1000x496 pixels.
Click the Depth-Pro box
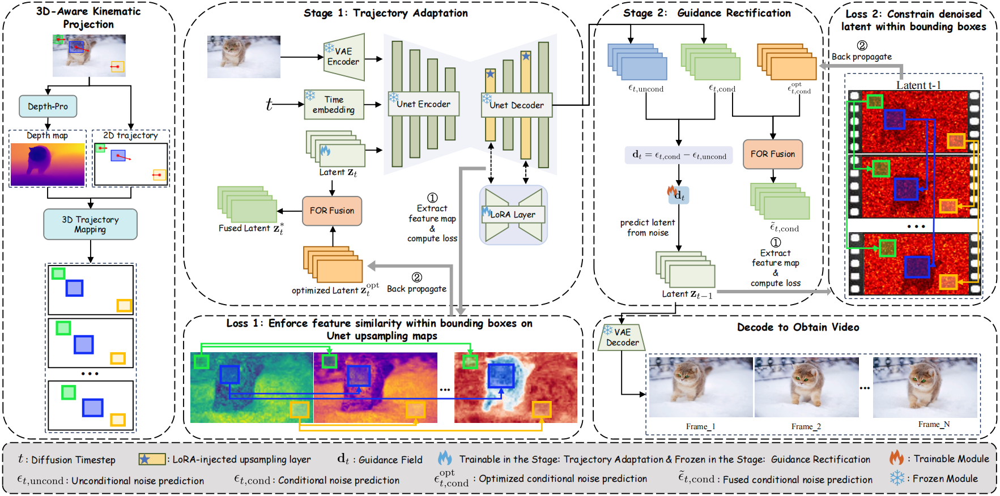click(48, 106)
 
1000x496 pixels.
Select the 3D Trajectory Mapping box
click(90, 224)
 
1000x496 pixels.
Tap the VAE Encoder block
click(344, 57)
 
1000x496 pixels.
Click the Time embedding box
click(334, 105)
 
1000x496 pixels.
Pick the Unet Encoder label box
click(423, 104)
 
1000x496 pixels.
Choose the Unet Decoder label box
click(516, 105)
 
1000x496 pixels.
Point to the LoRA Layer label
click(513, 215)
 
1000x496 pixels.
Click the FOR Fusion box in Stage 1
click(332, 211)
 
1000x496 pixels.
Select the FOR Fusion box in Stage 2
click(773, 154)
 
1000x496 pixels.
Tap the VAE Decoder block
click(622, 337)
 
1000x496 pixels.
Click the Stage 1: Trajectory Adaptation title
click(386, 13)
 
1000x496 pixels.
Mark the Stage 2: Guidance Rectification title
click(707, 13)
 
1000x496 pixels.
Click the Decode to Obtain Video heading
click(798, 327)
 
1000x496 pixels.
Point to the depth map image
click(48, 164)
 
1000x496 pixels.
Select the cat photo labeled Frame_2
click(806, 388)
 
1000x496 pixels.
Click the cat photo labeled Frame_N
click(925, 387)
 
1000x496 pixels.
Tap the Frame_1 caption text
click(700, 426)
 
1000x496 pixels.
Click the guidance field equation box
click(679, 155)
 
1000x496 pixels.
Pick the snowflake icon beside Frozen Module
click(897, 478)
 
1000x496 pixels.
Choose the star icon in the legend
click(145, 459)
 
